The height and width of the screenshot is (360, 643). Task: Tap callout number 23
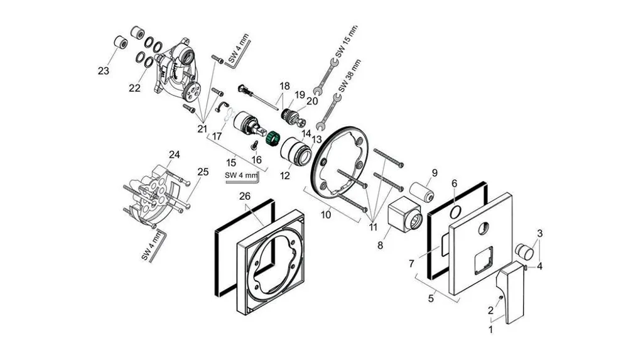pyautogui.click(x=104, y=70)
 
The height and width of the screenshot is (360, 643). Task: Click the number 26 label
pyautogui.click(x=245, y=197)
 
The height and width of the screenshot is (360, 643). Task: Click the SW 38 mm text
pyautogui.click(x=349, y=77)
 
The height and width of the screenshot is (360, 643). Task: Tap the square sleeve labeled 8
pyautogui.click(x=404, y=214)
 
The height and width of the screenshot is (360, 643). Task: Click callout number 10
pyautogui.click(x=326, y=215)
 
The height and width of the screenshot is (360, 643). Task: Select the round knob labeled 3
pyautogui.click(x=524, y=251)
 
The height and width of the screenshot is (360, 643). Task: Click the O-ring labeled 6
pyautogui.click(x=455, y=212)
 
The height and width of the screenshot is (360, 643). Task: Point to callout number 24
pyautogui.click(x=175, y=155)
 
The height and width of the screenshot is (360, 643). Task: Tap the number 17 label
pyautogui.click(x=217, y=136)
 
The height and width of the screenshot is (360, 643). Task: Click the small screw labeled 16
pyautogui.click(x=254, y=144)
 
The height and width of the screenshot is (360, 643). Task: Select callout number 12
pyautogui.click(x=284, y=176)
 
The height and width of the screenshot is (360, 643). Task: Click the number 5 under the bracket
pyautogui.click(x=431, y=298)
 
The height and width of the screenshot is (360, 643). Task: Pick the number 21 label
pyautogui.click(x=202, y=129)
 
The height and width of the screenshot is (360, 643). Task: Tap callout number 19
pyautogui.click(x=300, y=95)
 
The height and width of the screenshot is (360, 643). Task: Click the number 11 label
pyautogui.click(x=372, y=227)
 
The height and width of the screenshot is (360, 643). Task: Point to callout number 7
pyautogui.click(x=412, y=263)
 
